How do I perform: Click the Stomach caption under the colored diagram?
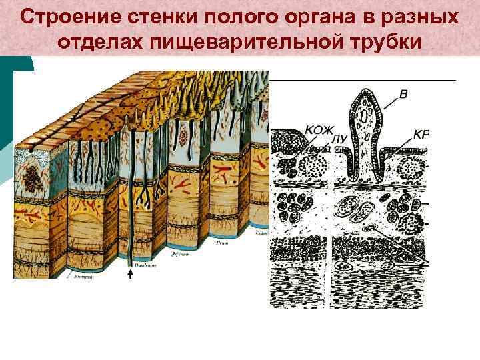pos(83,275)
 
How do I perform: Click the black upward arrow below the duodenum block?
pos(130,275)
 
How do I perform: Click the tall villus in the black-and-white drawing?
pos(365,133)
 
